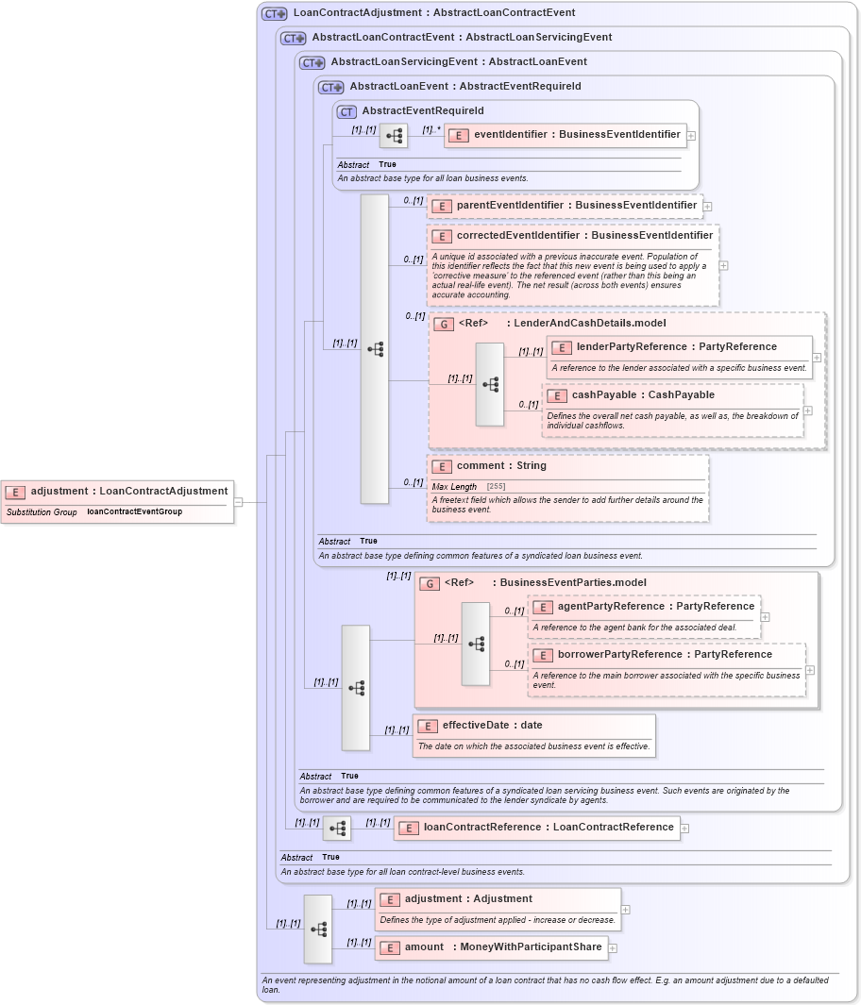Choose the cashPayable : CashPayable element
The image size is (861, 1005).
(655, 395)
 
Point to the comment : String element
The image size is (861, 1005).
(501, 466)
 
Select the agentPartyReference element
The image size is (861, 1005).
(655, 607)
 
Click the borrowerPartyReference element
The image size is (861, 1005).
(665, 655)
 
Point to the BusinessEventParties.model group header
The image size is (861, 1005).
(573, 583)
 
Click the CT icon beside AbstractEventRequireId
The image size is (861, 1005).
(346, 111)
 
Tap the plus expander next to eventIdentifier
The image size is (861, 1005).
(691, 136)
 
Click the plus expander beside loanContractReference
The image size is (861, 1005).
(684, 829)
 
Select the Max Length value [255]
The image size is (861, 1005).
(496, 487)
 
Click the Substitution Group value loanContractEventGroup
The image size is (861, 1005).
(134, 512)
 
